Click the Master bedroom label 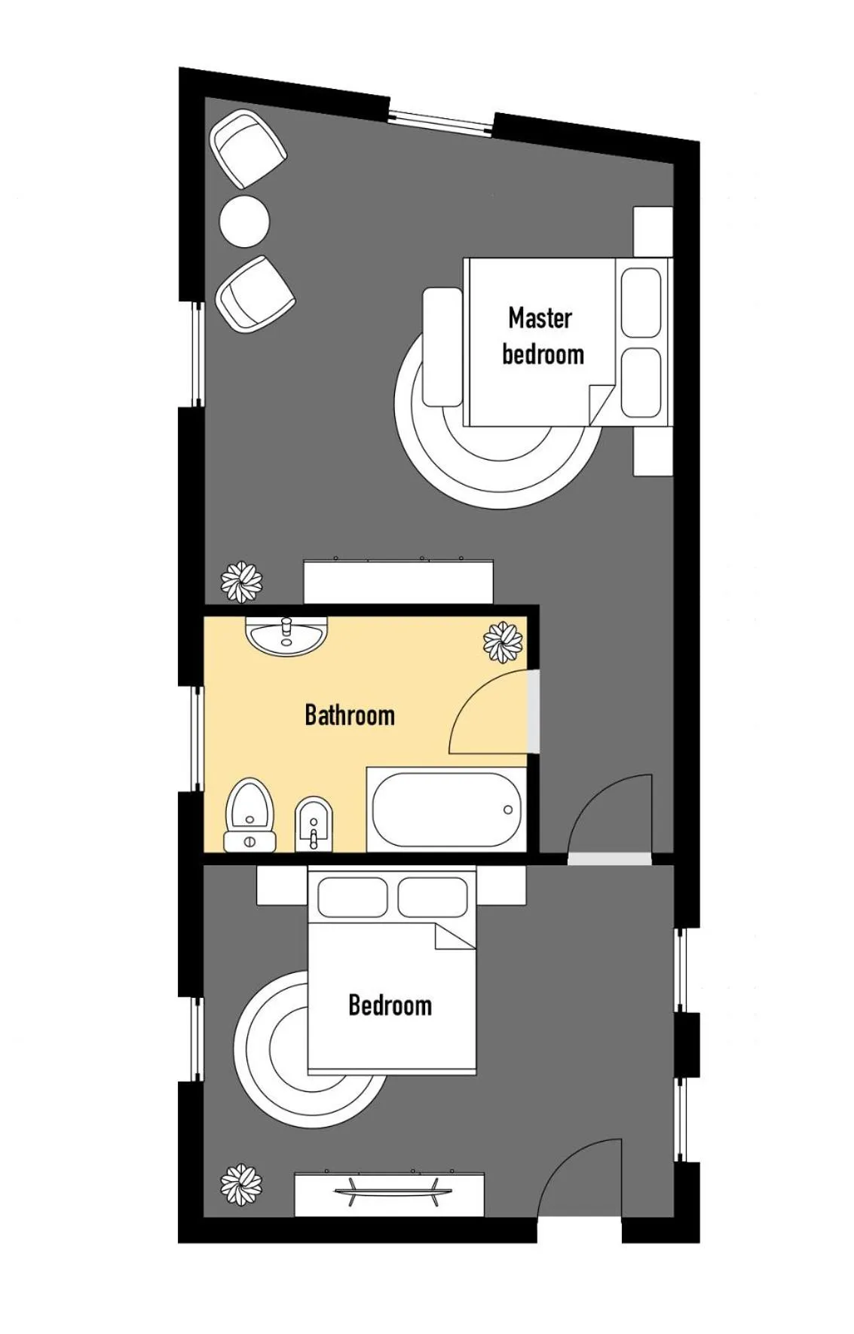[542, 336]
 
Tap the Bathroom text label [349, 715]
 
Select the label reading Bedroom [390, 1005]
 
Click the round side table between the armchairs [244, 221]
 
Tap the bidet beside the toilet [314, 822]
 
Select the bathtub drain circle [507, 810]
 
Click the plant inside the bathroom [503, 642]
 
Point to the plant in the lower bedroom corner [241, 1185]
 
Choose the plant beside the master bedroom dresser [241, 582]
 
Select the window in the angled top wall [441, 121]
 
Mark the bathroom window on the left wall [198, 739]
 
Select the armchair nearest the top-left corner [247, 148]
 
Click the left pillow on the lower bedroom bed [352, 897]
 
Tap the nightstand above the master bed [652, 231]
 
